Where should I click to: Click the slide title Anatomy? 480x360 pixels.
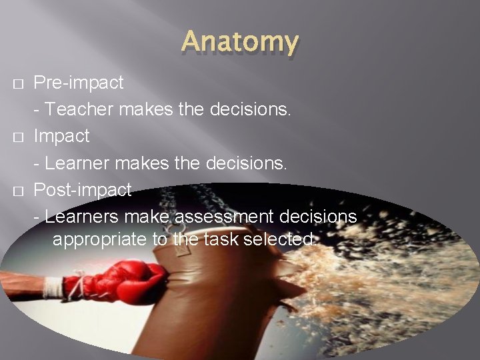(x=239, y=42)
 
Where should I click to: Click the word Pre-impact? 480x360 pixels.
(x=78, y=83)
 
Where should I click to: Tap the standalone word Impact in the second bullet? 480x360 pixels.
(x=61, y=136)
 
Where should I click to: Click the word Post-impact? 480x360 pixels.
(x=82, y=190)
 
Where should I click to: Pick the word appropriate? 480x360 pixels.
(x=100, y=239)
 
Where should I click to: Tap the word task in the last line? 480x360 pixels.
(x=216, y=239)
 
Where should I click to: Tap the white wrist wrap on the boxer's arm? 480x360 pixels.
(x=54, y=287)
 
